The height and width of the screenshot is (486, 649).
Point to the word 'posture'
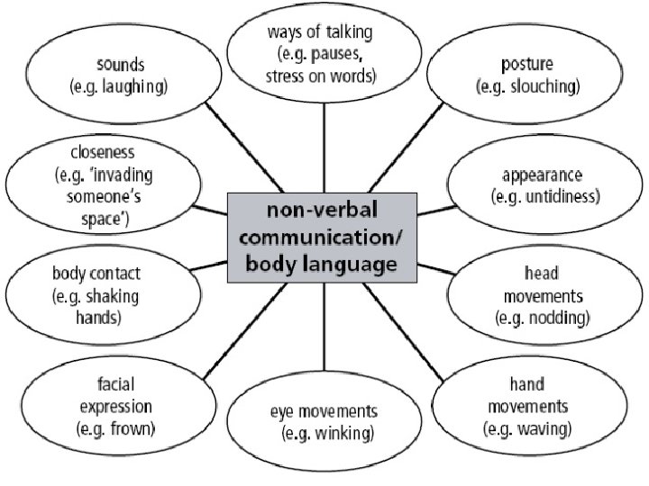527,65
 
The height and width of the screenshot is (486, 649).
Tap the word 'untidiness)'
571,194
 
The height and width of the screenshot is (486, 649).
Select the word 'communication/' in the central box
324,236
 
